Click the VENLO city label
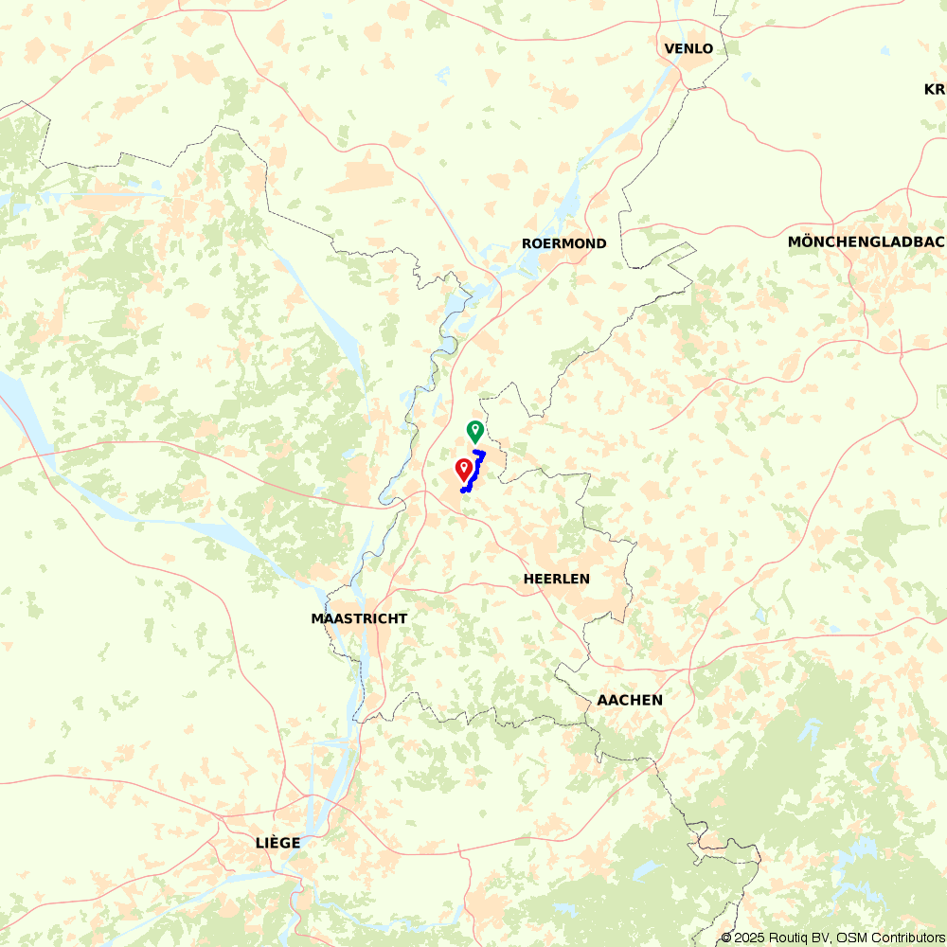click(688, 48)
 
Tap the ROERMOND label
click(563, 243)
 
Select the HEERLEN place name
click(556, 578)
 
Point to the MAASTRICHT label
click(359, 618)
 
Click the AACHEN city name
click(630, 700)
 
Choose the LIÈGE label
click(277, 842)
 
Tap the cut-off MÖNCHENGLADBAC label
click(867, 241)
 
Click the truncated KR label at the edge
click(935, 89)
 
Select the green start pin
click(474, 431)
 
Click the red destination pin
click(464, 468)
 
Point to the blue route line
click(474, 473)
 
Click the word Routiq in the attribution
click(785, 938)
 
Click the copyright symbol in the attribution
click(726, 938)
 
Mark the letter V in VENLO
click(670, 48)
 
